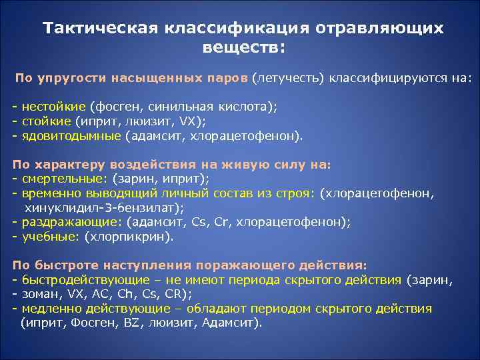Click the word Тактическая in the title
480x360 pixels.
coord(98,29)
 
